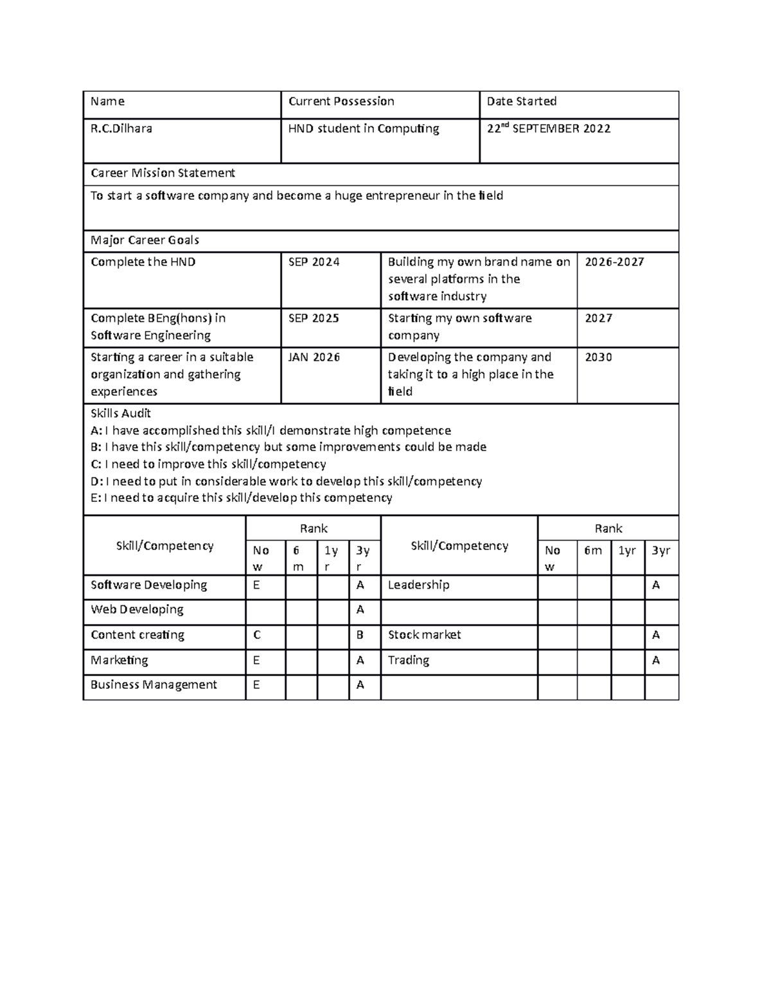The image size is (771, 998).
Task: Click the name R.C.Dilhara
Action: pyautogui.click(x=121, y=129)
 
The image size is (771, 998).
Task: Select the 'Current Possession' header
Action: pyautogui.click(x=341, y=102)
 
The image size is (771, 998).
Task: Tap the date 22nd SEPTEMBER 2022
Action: pyautogui.click(x=548, y=129)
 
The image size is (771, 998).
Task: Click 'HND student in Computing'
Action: pyautogui.click(x=364, y=129)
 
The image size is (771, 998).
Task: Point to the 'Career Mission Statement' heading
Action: pyautogui.click(x=163, y=173)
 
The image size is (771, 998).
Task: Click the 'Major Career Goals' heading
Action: pyautogui.click(x=145, y=240)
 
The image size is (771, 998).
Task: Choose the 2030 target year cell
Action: pyautogui.click(x=598, y=357)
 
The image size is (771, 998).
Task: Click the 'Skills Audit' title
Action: pyautogui.click(x=121, y=413)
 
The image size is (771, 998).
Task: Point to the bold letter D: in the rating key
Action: pyautogui.click(x=96, y=481)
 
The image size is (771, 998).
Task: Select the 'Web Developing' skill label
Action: pyautogui.click(x=137, y=609)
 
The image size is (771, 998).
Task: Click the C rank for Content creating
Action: pyautogui.click(x=257, y=635)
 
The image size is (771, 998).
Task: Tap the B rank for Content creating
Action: pyautogui.click(x=360, y=635)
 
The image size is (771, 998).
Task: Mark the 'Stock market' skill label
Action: pyautogui.click(x=424, y=635)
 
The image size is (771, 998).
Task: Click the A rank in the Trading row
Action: pyautogui.click(x=656, y=660)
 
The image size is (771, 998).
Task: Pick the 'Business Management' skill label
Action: pyautogui.click(x=154, y=685)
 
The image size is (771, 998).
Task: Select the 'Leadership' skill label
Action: pyautogui.click(x=418, y=585)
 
